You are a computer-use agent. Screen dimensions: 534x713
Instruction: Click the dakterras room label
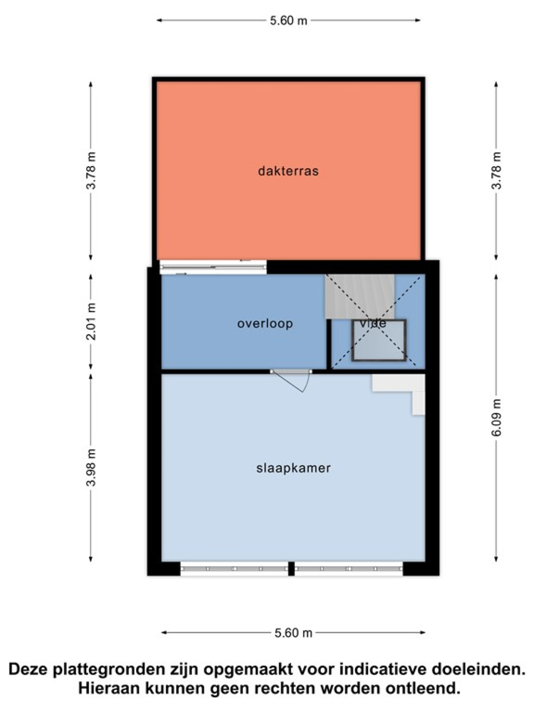pos(288,171)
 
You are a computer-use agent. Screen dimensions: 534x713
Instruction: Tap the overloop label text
pos(265,324)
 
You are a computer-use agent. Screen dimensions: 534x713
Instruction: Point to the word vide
pos(373,323)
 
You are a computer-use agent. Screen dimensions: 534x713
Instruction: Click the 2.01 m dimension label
pos(91,322)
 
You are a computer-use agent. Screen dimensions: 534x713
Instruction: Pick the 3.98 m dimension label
pos(91,467)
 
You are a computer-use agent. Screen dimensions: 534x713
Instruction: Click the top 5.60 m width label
pos(288,20)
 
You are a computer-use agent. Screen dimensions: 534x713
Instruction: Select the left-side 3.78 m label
pos(91,170)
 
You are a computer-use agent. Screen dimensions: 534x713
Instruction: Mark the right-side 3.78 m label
pos(496,170)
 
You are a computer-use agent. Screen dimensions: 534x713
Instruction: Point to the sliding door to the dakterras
pos(213,267)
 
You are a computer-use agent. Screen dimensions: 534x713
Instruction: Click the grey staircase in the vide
pos(360,297)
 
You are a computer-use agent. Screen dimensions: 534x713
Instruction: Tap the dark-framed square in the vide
pos(379,340)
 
